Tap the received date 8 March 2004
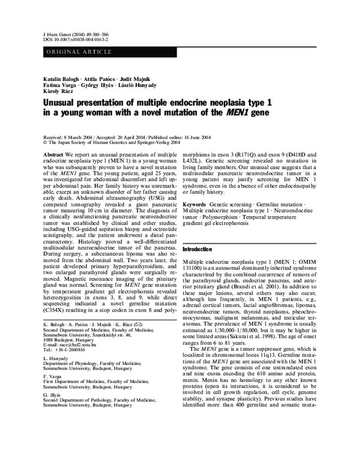point(85,137)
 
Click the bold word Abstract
point(53,155)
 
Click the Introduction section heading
point(199,249)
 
